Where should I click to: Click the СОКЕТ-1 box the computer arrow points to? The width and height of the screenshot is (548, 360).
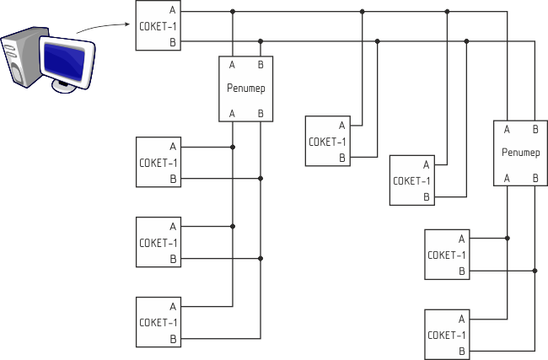click(x=158, y=26)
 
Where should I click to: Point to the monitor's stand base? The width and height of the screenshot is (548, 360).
click(x=66, y=86)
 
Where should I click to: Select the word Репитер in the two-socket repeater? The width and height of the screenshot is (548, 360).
click(x=520, y=153)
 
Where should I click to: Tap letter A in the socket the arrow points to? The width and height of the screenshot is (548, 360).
click(x=172, y=11)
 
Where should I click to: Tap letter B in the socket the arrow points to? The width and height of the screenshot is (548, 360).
click(x=172, y=41)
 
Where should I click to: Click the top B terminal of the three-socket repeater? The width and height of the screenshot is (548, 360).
click(x=261, y=64)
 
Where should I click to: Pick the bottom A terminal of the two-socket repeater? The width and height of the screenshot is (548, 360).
click(x=507, y=178)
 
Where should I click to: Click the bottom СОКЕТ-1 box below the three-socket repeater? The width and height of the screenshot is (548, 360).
click(x=158, y=322)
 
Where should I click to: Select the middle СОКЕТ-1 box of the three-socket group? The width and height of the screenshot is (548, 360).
click(x=158, y=242)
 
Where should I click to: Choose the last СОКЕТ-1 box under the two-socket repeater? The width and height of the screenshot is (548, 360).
click(x=446, y=334)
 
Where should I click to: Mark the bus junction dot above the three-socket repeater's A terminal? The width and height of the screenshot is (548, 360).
click(x=233, y=11)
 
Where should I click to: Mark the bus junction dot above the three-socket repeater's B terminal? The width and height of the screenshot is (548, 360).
click(x=261, y=40)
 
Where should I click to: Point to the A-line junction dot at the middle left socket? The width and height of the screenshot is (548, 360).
click(x=233, y=226)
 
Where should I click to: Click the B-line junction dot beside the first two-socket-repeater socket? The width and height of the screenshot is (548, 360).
click(x=535, y=271)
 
